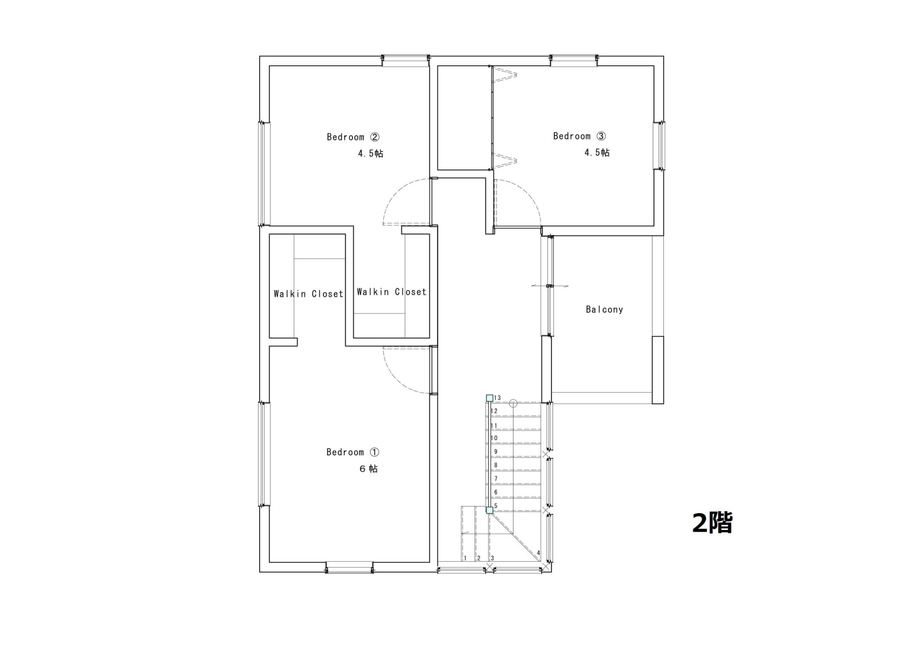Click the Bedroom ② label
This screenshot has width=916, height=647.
[x=353, y=137]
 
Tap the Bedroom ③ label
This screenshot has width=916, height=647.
[x=579, y=136]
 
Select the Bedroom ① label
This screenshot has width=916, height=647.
[x=352, y=452]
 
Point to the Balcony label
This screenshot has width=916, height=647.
[x=604, y=309]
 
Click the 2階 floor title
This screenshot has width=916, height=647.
[x=712, y=523]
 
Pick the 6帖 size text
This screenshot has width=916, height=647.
[x=369, y=469]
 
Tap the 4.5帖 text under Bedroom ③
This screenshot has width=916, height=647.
[x=597, y=152]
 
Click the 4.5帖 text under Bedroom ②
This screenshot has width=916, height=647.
[x=370, y=153]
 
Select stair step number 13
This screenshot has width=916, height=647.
[x=497, y=398]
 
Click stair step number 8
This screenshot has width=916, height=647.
[x=496, y=465]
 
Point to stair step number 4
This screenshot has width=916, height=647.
[x=539, y=553]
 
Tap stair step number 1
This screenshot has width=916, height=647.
[x=465, y=558]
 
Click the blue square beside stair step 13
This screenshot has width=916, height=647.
[x=490, y=398]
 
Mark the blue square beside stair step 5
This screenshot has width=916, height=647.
[x=490, y=510]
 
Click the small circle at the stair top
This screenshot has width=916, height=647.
[x=513, y=403]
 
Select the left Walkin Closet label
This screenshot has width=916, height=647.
[x=309, y=294]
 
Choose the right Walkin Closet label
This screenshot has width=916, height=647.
[x=392, y=292]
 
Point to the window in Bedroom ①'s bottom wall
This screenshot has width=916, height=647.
[x=349, y=567]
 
